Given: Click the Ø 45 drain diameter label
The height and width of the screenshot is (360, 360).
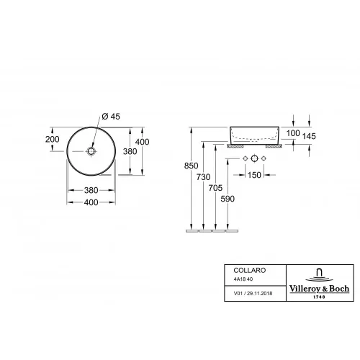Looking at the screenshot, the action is tap(111, 117).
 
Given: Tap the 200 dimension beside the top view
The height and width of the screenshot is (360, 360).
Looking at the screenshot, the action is tap(53, 139).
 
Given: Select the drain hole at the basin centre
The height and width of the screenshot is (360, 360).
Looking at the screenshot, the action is tap(91, 151).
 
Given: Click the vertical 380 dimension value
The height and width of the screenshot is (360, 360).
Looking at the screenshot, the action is tap(130, 151).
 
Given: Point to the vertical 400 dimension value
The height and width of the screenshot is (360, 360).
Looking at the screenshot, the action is tap(142, 142).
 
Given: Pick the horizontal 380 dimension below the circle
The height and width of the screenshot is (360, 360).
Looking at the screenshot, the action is tap(91, 190).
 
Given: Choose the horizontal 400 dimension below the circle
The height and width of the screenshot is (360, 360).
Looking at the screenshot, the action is tap(91, 202).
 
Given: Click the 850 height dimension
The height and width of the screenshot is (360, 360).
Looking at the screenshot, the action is tap(192, 166).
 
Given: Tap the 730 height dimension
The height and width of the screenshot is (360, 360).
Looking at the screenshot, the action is tap(203, 177).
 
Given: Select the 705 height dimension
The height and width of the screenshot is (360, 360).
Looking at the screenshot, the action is tap(215, 188).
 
